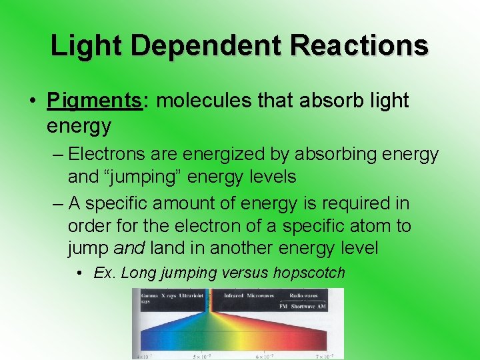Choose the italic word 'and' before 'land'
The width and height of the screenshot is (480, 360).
click(129, 249)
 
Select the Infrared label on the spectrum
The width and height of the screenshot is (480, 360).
click(233, 295)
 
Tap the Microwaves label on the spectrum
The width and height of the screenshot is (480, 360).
click(261, 295)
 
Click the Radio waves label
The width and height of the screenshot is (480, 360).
click(303, 295)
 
